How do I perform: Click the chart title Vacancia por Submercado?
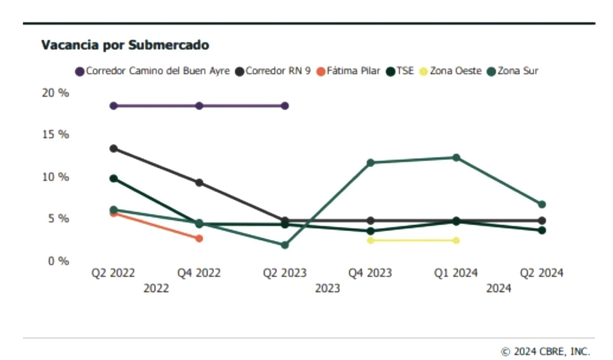tap(125, 45)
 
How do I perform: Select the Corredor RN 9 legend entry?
tap(273, 71)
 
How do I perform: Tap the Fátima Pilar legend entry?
tap(348, 71)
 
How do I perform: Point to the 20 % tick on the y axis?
tap(56, 93)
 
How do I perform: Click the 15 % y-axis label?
tap(56, 134)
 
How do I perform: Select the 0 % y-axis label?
tap(58, 261)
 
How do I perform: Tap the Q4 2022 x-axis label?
tap(199, 273)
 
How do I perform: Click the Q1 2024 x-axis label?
tap(456, 273)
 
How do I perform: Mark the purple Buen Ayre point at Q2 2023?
tap(285, 106)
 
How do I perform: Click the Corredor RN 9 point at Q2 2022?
tap(114, 149)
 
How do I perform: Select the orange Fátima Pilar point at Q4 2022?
tap(199, 239)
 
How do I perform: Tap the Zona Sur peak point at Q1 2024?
tap(456, 158)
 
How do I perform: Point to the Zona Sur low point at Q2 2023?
tap(285, 245)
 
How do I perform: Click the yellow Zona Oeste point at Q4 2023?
tap(370, 241)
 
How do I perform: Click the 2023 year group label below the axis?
tap(327, 288)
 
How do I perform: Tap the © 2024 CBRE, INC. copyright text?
tap(546, 351)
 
